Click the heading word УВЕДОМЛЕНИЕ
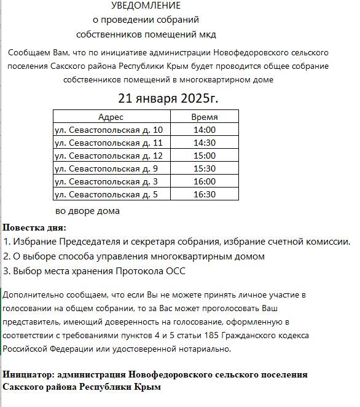pos(146,6)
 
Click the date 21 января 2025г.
pos(168,98)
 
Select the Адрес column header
pos(111,117)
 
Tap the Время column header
pos(204,117)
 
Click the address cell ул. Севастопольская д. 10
pos(109,130)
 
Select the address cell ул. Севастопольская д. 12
pos(109,156)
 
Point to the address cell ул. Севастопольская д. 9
pos(106,168)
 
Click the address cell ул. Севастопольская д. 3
pos(106,181)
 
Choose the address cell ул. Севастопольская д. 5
pos(106,194)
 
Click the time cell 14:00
pos(204,130)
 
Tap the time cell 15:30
pos(204,168)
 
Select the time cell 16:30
pos(204,194)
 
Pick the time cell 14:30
pos(204,143)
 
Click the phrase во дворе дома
pos(87,211)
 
